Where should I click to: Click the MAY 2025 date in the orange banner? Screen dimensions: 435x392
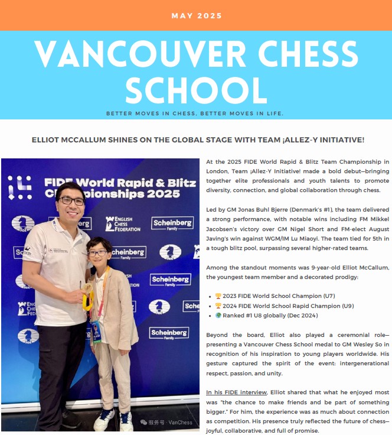[197, 15]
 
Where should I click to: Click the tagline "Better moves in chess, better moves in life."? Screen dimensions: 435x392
[195, 113]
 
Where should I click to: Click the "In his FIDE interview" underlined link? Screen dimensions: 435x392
[236, 392]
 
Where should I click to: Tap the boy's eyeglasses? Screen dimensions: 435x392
[98, 253]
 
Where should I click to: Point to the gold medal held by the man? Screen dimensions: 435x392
[88, 299]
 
